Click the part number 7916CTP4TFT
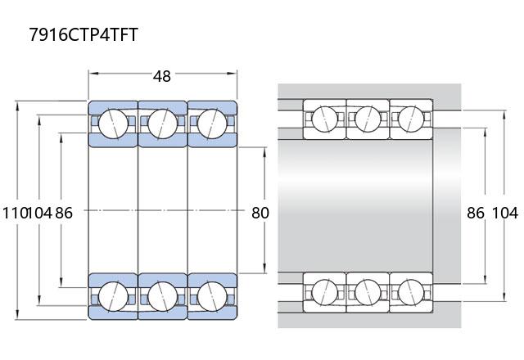point(84,34)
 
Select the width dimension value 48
point(162,76)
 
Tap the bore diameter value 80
point(260,213)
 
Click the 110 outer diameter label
point(14,213)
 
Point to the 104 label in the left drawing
point(40,213)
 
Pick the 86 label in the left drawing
point(64,213)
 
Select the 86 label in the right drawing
point(475,213)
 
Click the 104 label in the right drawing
point(505,213)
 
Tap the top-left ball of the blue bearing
point(113,124)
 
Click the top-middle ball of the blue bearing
point(163,124)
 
